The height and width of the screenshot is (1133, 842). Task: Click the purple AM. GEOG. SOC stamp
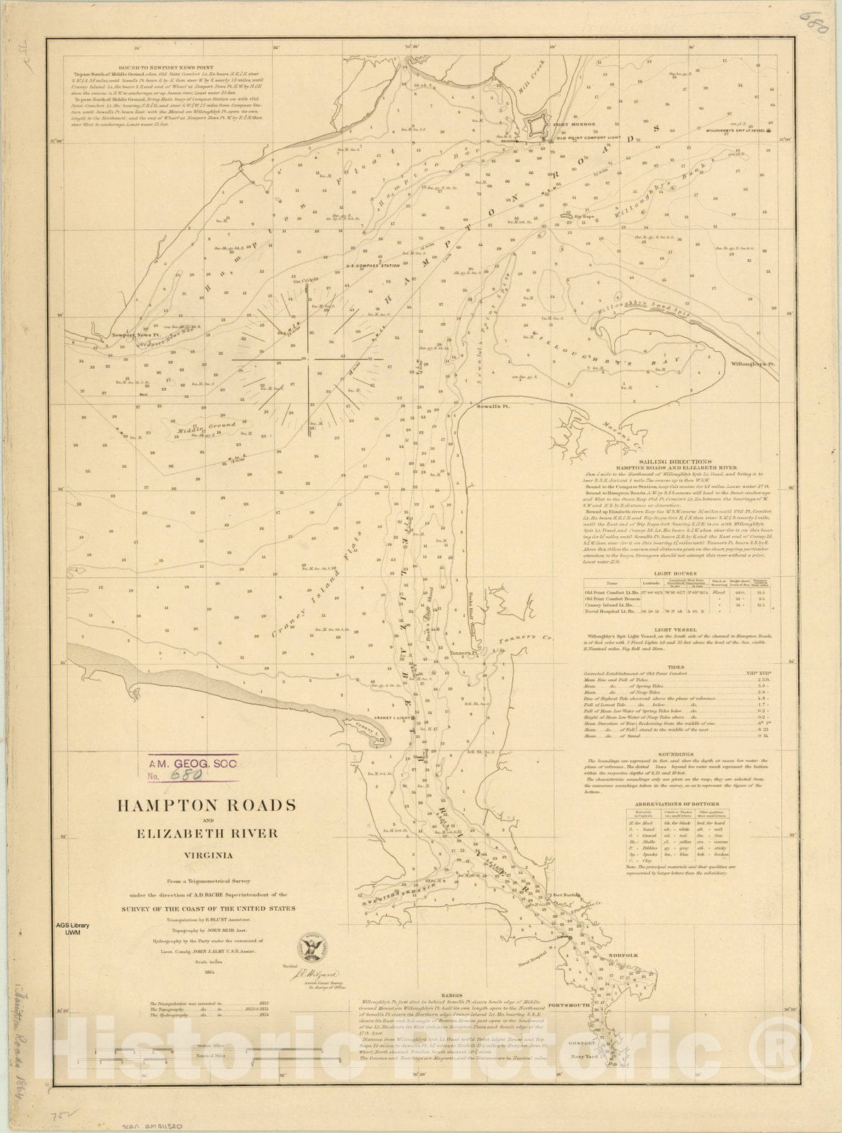191,768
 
